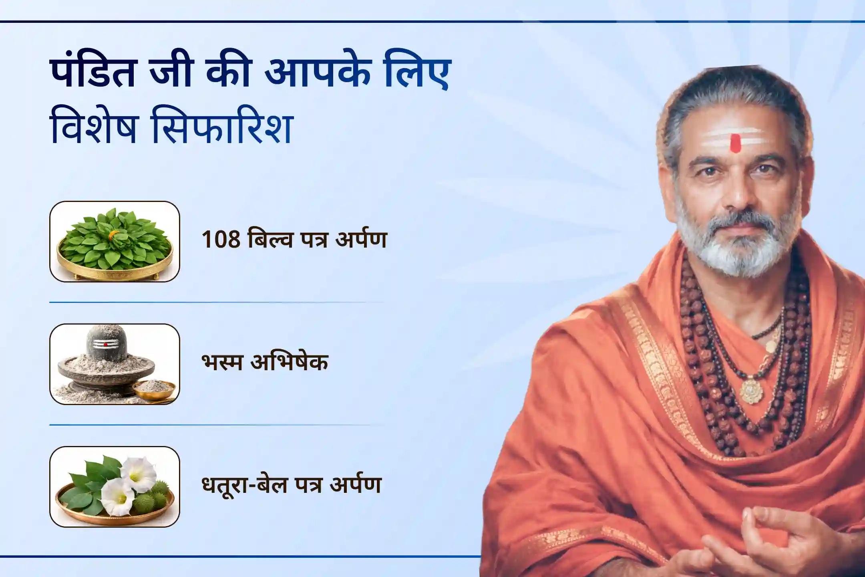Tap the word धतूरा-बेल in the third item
click(x=244, y=485)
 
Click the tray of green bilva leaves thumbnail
click(x=115, y=242)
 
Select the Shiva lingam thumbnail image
click(x=115, y=364)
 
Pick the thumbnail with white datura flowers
click(x=115, y=486)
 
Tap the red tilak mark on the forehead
click(x=735, y=143)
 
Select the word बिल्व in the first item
click(x=269, y=240)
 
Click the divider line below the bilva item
click(x=216, y=302)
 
